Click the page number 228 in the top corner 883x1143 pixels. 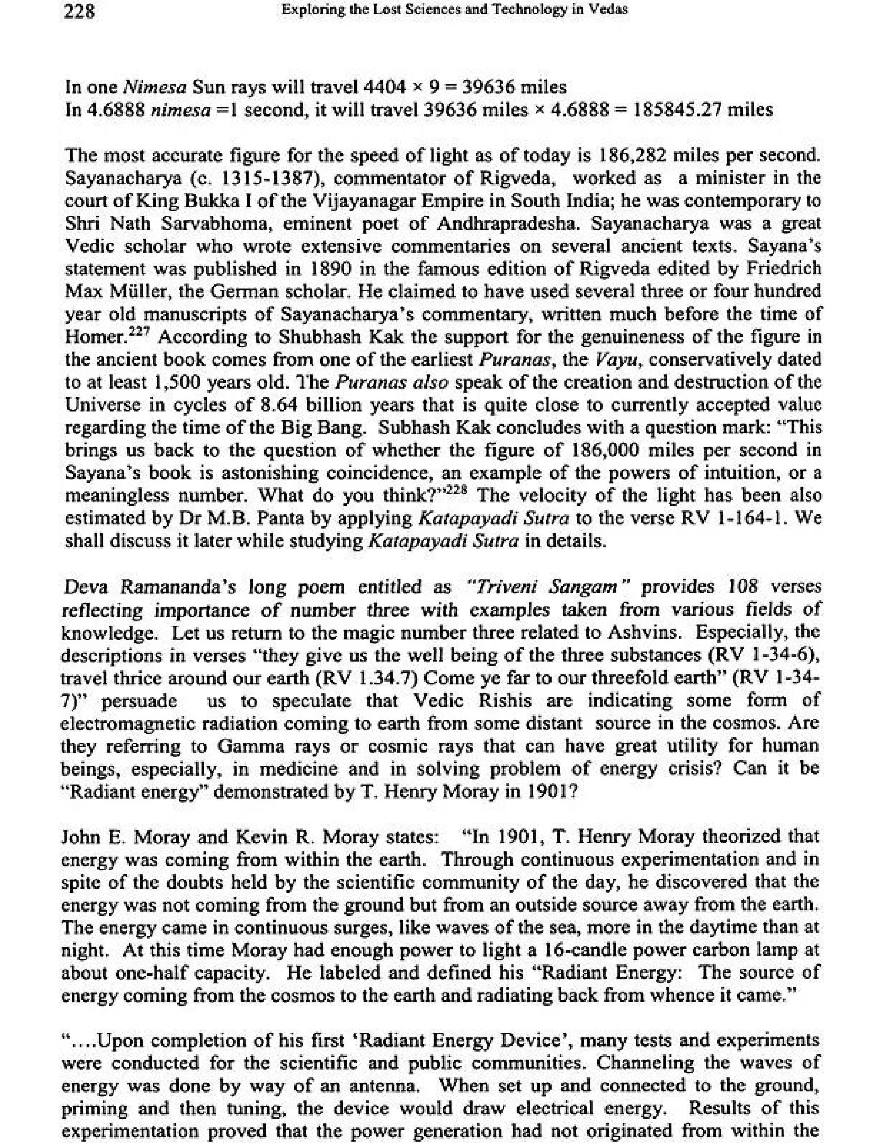click(x=79, y=11)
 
